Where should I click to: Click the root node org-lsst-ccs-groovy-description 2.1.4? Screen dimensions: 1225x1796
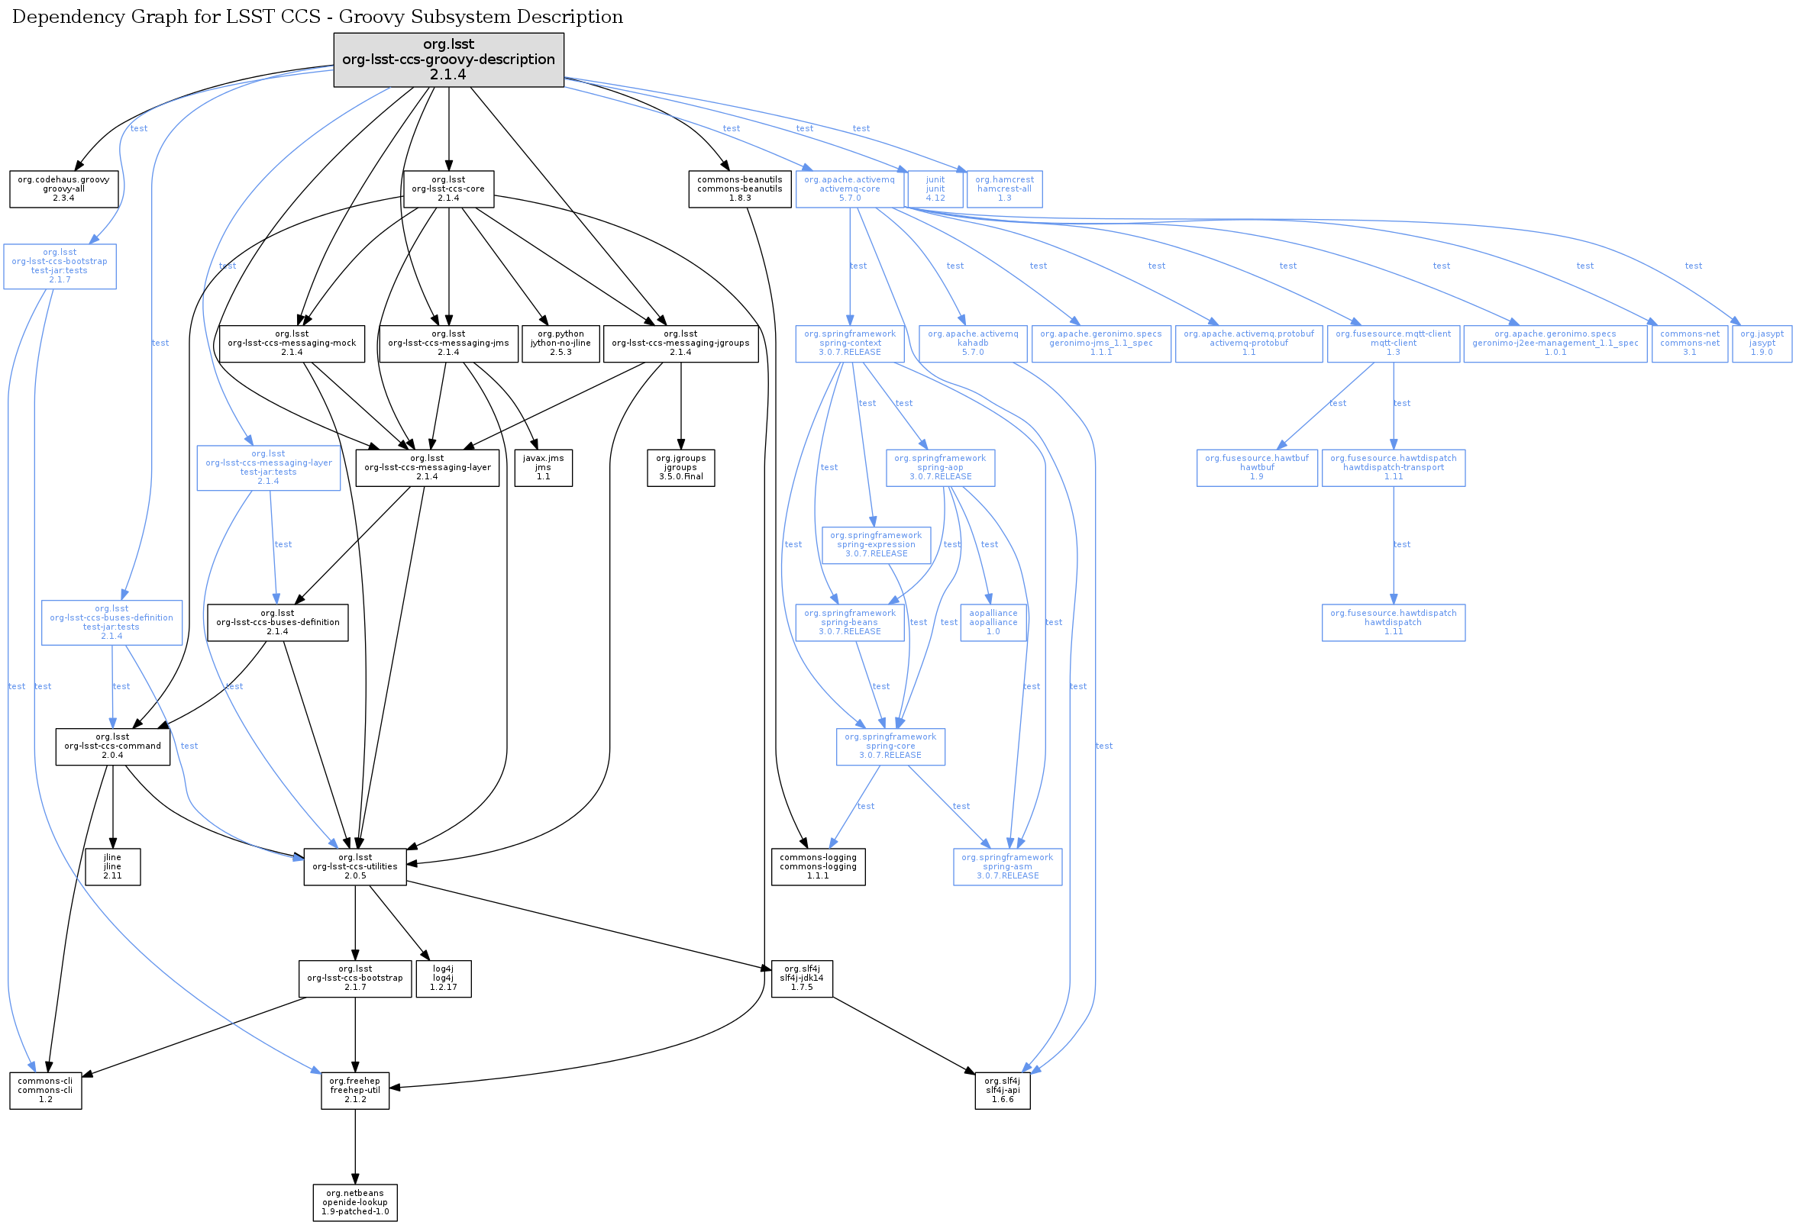click(x=448, y=60)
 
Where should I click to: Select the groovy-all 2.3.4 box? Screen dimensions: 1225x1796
click(x=63, y=189)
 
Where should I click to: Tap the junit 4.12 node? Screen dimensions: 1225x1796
click(x=935, y=189)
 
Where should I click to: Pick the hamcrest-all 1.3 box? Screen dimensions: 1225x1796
click(x=1004, y=189)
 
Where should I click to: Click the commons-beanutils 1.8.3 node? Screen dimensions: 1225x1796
click(x=740, y=189)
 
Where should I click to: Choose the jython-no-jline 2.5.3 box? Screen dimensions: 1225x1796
click(x=560, y=343)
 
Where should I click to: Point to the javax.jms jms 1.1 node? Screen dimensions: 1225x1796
click(x=543, y=468)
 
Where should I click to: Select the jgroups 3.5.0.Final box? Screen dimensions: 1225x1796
click(x=680, y=468)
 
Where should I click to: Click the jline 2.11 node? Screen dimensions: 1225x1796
click(x=112, y=866)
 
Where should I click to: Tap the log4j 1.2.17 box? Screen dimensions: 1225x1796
click(x=443, y=978)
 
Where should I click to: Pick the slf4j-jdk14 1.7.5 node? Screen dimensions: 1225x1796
click(x=801, y=978)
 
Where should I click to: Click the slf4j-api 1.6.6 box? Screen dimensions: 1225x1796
click(x=1003, y=1091)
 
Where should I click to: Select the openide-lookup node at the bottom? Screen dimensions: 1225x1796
click(x=355, y=1203)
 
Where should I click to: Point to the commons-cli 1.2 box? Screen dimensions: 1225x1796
click(x=46, y=1091)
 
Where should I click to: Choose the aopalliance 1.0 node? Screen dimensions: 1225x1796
click(x=993, y=623)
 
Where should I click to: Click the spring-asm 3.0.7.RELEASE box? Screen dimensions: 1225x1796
click(x=1007, y=866)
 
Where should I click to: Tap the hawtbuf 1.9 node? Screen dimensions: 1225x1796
click(x=1257, y=468)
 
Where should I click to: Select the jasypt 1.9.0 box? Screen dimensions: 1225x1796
click(x=1762, y=343)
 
